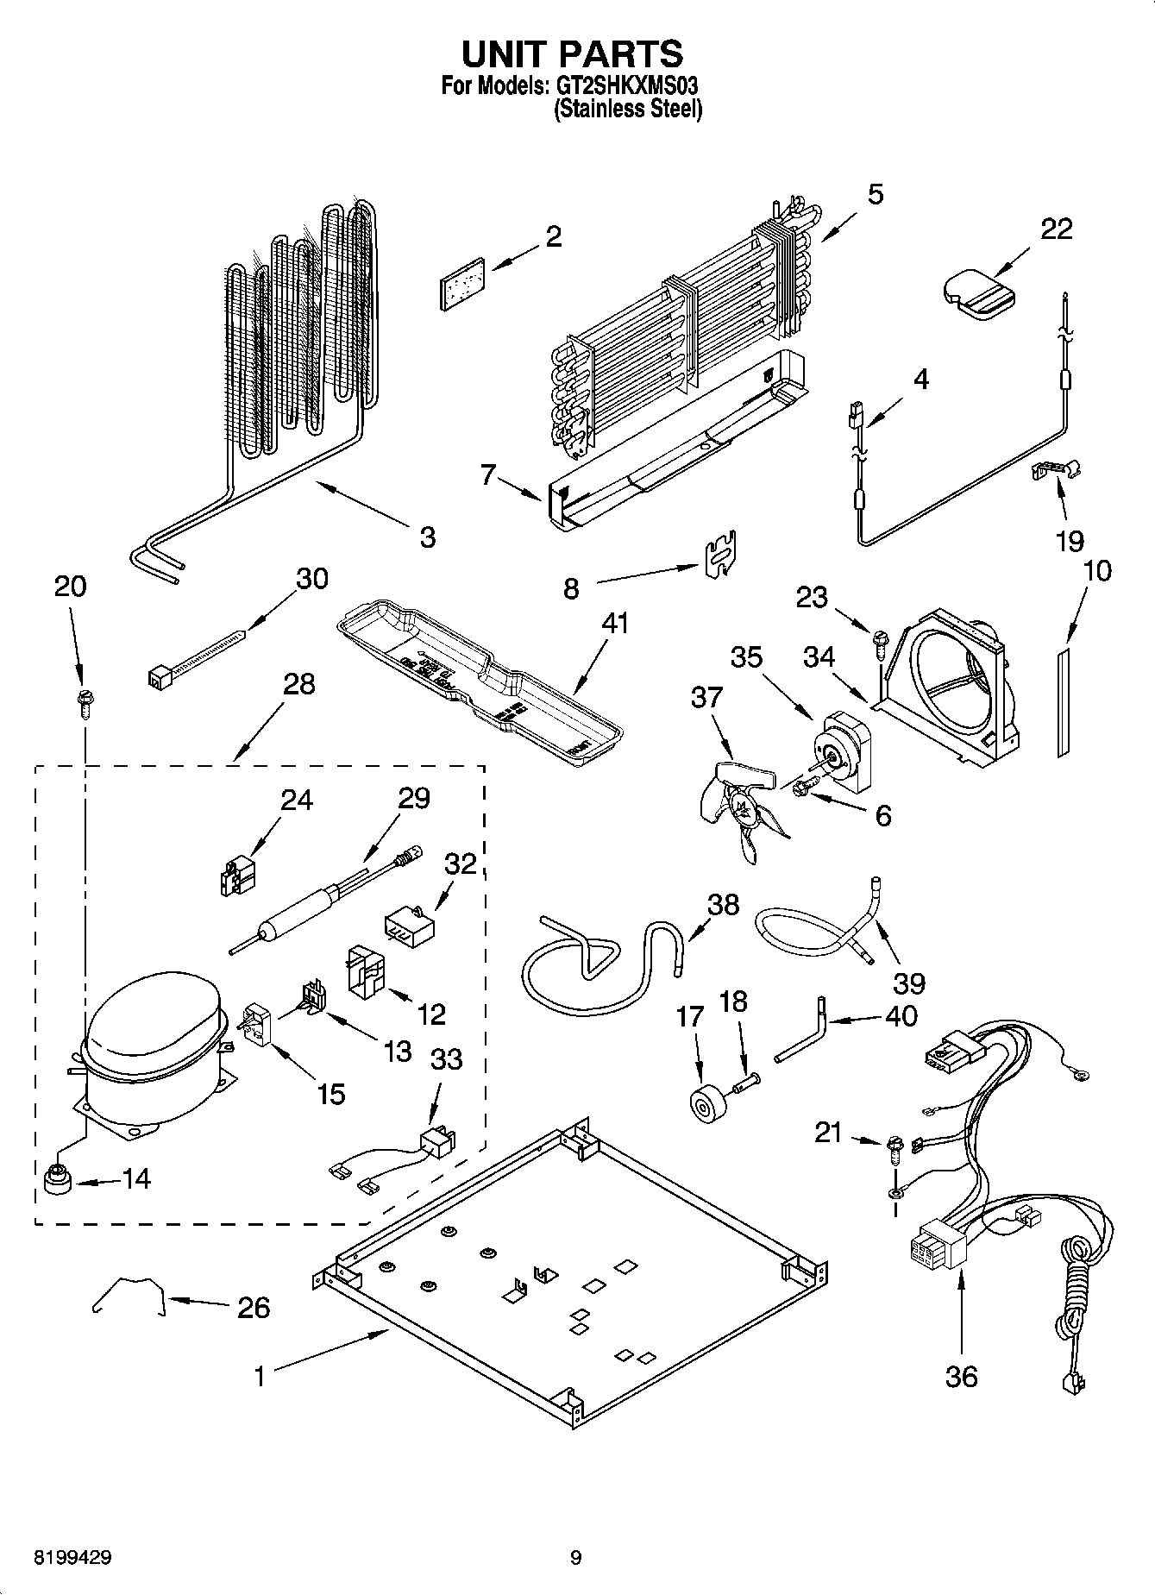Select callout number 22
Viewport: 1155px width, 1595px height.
[1056, 229]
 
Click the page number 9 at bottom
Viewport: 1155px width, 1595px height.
[575, 1558]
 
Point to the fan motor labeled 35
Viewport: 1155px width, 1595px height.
[844, 750]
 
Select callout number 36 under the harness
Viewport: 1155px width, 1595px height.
[961, 1375]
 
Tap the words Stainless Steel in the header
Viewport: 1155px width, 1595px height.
[628, 110]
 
